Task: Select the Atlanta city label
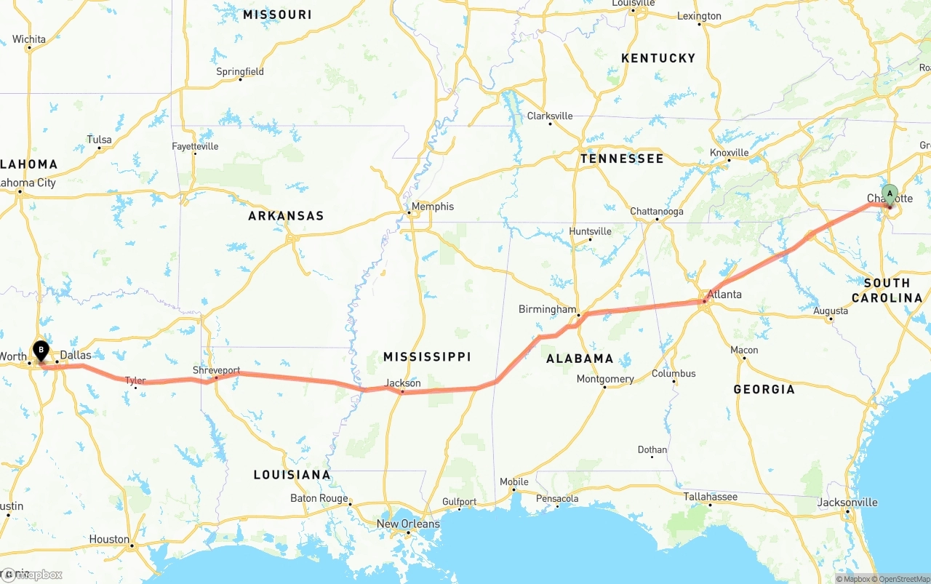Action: point(724,295)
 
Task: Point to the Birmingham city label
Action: point(547,309)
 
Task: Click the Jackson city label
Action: point(403,383)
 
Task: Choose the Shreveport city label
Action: point(216,370)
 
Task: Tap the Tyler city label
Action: point(135,380)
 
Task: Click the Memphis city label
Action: point(432,207)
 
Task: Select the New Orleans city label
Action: point(408,524)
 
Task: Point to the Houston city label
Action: point(109,539)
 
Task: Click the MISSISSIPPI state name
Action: point(427,356)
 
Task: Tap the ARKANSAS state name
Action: point(286,216)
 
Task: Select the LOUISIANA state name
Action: point(292,475)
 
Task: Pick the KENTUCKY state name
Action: point(658,58)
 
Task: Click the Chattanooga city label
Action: point(657,212)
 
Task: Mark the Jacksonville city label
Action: point(847,503)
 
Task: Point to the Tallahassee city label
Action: point(710,497)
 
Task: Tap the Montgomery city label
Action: point(605,379)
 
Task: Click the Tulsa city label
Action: point(100,140)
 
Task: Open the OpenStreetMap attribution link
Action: point(904,579)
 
